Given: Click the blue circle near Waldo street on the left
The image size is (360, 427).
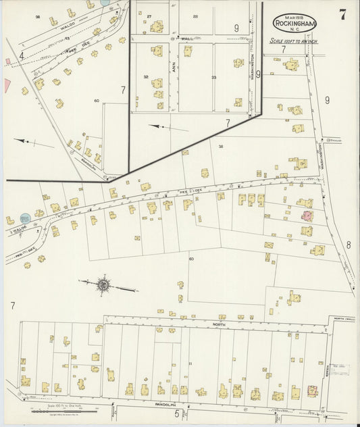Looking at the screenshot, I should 25,219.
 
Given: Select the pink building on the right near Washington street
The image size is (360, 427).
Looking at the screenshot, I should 307,216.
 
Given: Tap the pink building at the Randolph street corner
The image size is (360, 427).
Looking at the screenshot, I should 312,391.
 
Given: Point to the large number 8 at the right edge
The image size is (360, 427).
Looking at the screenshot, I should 349,245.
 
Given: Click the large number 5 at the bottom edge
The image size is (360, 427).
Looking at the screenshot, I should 176,413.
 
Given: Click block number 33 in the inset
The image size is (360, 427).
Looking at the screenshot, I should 213,78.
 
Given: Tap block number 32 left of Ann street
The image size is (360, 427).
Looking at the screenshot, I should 145,77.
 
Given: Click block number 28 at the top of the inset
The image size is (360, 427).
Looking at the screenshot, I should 196,16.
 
